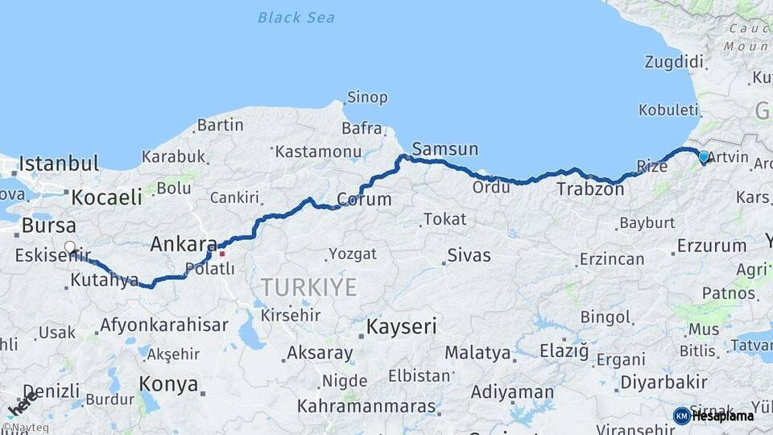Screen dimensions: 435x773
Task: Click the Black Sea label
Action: pos(296,17)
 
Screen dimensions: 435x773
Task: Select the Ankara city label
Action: pos(184,244)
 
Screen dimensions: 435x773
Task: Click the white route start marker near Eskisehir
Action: pos(70,248)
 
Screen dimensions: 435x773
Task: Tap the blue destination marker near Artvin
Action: pos(704,157)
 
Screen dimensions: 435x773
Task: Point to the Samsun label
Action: pos(444,149)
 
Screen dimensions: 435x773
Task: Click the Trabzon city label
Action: pos(590,190)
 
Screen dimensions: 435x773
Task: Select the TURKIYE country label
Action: pos(308,288)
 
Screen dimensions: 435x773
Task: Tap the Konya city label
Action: pos(168,384)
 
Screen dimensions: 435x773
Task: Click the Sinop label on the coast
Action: pos(367,97)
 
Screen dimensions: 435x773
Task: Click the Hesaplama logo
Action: pos(713,416)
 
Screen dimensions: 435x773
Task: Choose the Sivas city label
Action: pos(469,256)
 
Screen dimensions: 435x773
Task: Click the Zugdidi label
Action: pos(675,62)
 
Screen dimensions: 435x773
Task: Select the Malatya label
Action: pos(477,353)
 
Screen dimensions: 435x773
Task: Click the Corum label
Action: pos(364,199)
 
